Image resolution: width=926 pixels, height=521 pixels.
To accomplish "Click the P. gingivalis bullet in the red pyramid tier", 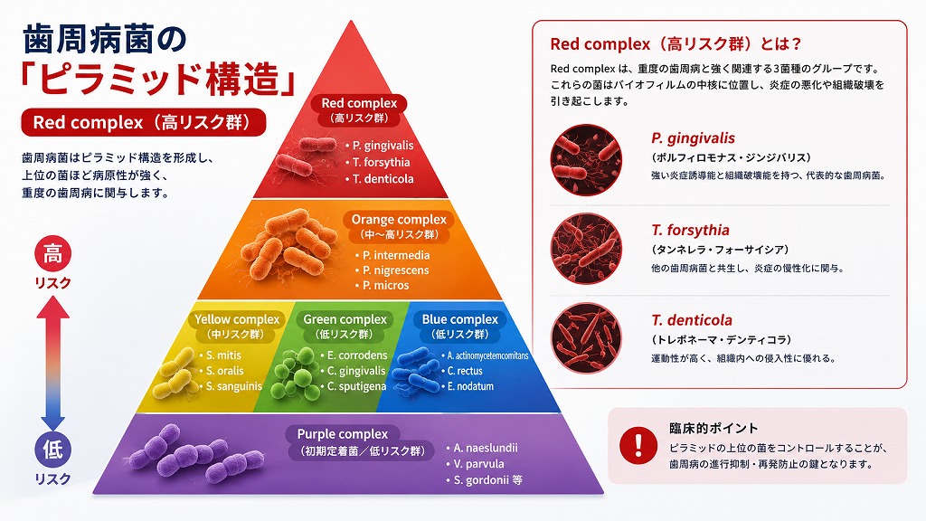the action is pos(383,146).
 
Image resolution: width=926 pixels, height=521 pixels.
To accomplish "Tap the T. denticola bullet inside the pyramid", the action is pos(383,179).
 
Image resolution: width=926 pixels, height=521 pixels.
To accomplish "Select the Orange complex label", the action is pos(399,220).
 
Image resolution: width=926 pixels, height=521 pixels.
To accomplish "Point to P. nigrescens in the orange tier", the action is pos(396,270).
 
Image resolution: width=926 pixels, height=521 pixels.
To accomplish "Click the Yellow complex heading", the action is pos(237,319).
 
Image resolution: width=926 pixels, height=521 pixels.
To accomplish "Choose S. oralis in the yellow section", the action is pos(224,371).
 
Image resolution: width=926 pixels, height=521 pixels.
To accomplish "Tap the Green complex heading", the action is pos(345,319).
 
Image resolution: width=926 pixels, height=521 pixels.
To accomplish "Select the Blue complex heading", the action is pos(460,319).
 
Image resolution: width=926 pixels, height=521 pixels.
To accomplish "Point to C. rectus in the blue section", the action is pos(465,371).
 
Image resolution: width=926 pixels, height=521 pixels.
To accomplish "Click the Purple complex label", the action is pos(343,434).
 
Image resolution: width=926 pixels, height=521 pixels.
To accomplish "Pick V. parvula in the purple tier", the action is pos(478,464).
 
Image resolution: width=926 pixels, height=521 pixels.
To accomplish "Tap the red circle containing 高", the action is pos(53,254).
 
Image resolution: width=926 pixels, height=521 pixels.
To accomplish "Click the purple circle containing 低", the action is pos(53,449).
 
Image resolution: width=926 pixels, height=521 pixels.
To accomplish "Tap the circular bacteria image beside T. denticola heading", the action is pos(586,338).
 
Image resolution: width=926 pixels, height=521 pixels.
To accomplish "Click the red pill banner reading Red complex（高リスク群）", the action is pos(144,122).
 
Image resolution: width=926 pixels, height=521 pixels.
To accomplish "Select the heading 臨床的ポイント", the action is pos(713,428).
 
